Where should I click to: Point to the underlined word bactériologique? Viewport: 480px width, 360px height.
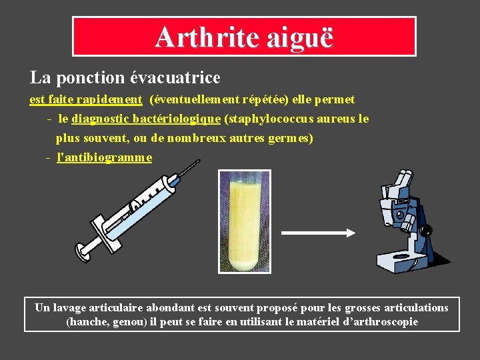coord(177,119)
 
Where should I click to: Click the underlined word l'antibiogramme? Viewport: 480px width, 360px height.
coord(105,158)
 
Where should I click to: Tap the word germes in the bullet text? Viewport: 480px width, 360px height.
coord(288,139)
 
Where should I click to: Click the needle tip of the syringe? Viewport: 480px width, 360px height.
coord(198,161)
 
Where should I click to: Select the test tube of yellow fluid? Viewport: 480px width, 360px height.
coord(245,221)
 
